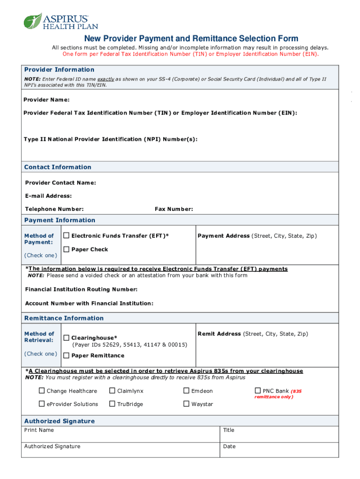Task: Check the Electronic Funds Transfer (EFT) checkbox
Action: (66, 235)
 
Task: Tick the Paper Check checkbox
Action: (66, 249)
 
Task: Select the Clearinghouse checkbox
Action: (66, 338)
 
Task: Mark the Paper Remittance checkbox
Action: (66, 356)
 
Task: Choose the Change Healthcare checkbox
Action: (42, 391)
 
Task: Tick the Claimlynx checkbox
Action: (112, 391)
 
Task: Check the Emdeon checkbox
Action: (187, 391)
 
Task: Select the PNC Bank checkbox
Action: (258, 391)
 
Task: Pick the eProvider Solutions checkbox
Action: (42, 404)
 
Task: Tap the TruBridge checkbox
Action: (112, 404)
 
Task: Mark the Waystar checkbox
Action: (187, 404)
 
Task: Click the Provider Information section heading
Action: (59, 70)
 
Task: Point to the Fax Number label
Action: (173, 209)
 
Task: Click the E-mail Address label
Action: (48, 196)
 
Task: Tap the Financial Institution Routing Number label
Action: (81, 290)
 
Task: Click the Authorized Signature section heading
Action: (59, 421)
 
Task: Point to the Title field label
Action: (229, 430)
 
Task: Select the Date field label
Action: (229, 446)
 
